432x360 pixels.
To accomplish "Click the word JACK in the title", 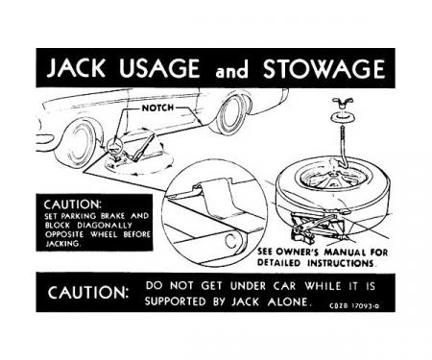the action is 76,68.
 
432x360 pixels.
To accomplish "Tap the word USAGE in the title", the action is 159,68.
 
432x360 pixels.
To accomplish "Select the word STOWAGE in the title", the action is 324,68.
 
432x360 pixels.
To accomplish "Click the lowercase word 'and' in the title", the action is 232,70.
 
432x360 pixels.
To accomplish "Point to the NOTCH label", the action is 157,108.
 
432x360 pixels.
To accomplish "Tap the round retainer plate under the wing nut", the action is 344,117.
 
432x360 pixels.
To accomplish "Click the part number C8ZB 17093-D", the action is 354,305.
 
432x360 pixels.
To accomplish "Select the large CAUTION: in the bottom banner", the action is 88,292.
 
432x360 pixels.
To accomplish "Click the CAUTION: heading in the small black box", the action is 72,204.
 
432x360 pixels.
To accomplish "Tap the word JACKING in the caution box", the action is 63,244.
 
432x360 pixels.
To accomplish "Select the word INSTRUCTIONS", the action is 341,263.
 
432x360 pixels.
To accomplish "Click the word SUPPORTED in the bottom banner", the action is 176,301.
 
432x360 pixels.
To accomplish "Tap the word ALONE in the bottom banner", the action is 289,301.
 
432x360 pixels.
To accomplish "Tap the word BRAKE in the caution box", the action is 112,216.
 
